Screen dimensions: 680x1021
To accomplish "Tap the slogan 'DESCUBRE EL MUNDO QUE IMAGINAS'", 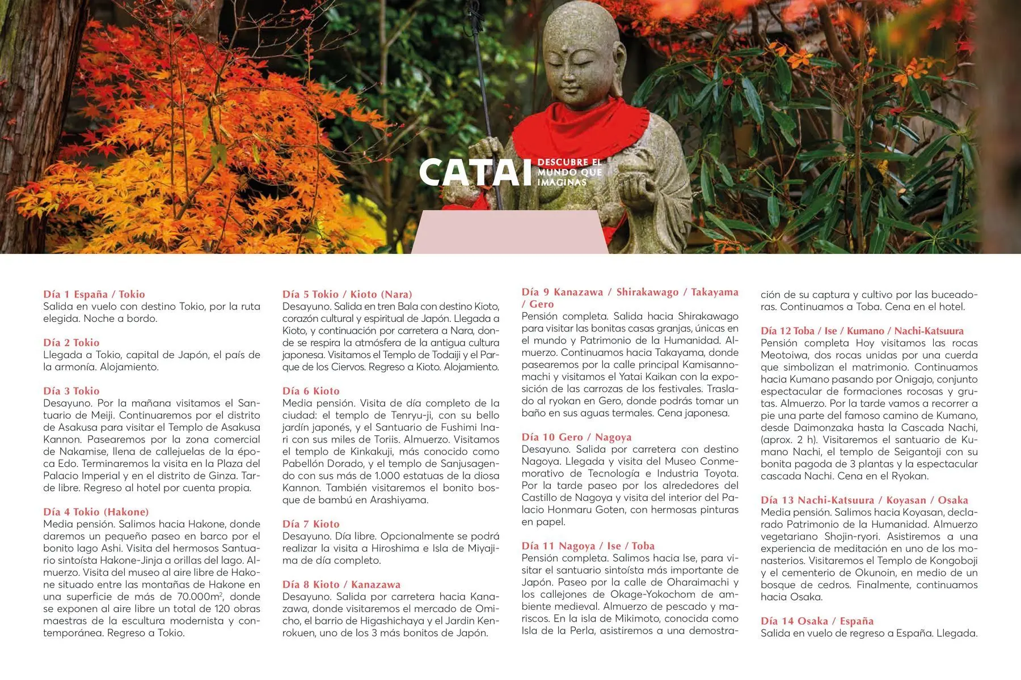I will pos(569,172).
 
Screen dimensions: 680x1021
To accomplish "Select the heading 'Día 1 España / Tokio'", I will pos(94,294).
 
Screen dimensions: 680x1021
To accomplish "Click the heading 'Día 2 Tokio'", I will pos(71,342).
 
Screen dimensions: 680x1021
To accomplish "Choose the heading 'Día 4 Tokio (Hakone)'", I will pos(96,512).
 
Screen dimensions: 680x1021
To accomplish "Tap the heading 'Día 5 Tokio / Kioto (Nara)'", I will pos(347,294).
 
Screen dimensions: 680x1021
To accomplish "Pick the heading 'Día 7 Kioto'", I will pos(311,524).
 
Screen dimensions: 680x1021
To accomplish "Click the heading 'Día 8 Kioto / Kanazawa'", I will pos(341,584).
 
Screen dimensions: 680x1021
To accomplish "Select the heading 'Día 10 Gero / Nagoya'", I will pos(576,437).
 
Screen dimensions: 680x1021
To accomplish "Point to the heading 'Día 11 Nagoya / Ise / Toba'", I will pos(588,546).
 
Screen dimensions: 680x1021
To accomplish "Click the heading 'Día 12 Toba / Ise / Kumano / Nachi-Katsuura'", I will pos(862,331).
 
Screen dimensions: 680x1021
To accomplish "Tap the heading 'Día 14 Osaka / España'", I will pos(817,620).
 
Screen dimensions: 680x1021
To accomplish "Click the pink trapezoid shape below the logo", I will pos(509,232).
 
